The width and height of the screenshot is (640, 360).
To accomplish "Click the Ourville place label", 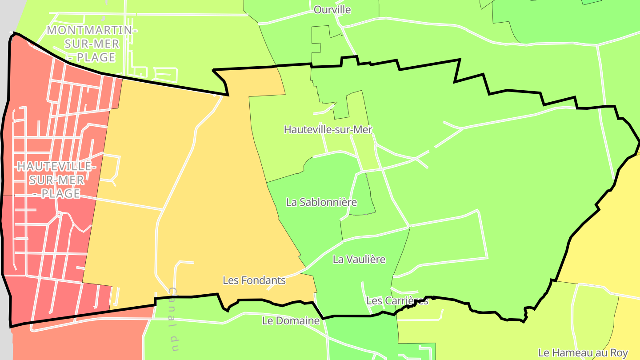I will click(x=332, y=10).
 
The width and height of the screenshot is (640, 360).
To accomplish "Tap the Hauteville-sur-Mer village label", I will click(x=328, y=129).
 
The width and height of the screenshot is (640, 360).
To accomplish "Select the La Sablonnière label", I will click(x=321, y=202).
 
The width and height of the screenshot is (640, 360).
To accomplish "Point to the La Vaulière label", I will click(x=359, y=259).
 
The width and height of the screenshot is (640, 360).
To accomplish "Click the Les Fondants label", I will click(x=254, y=280).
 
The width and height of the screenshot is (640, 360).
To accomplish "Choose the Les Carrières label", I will click(x=397, y=301).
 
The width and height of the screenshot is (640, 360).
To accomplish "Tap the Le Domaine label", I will click(x=291, y=320).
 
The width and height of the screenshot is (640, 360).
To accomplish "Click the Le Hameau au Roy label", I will click(x=583, y=353).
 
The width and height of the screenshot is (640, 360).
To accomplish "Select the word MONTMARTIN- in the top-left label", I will click(x=92, y=30).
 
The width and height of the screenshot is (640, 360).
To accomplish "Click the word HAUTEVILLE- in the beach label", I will click(x=56, y=167).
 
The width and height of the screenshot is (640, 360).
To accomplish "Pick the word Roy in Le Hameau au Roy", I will click(x=618, y=353).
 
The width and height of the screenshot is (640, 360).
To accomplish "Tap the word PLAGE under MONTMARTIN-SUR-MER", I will click(x=96, y=57).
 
